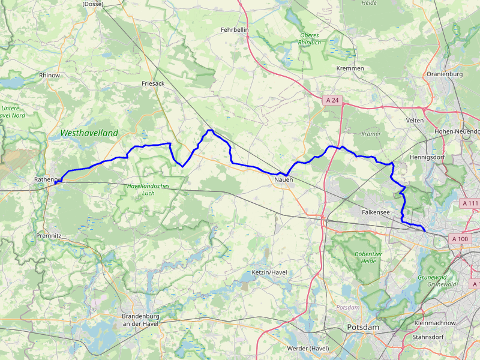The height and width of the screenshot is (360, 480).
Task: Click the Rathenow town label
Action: pos(49,179)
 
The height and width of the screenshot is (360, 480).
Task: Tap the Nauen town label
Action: pos(283,179)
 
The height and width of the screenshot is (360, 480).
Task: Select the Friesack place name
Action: pos(153,83)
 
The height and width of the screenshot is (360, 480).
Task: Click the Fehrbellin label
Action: pos(235,29)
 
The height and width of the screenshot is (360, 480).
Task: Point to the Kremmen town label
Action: pos(350,68)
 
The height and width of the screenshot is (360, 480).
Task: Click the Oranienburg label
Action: pos(444,74)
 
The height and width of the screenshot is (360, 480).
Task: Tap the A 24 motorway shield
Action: pos(332,100)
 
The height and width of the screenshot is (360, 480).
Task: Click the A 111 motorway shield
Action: pos(471,203)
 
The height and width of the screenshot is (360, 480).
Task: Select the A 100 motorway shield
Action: pos(460,239)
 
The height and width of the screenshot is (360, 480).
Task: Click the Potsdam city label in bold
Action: pos(363,327)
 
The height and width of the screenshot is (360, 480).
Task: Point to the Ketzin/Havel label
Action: pos(270,272)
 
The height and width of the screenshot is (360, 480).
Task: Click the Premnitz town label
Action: pos(49,236)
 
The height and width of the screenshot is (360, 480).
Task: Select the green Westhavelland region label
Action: pos(89,133)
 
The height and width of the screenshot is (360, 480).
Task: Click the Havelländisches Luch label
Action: pos(148,190)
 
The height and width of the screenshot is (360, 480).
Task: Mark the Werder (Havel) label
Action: pos(308,349)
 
